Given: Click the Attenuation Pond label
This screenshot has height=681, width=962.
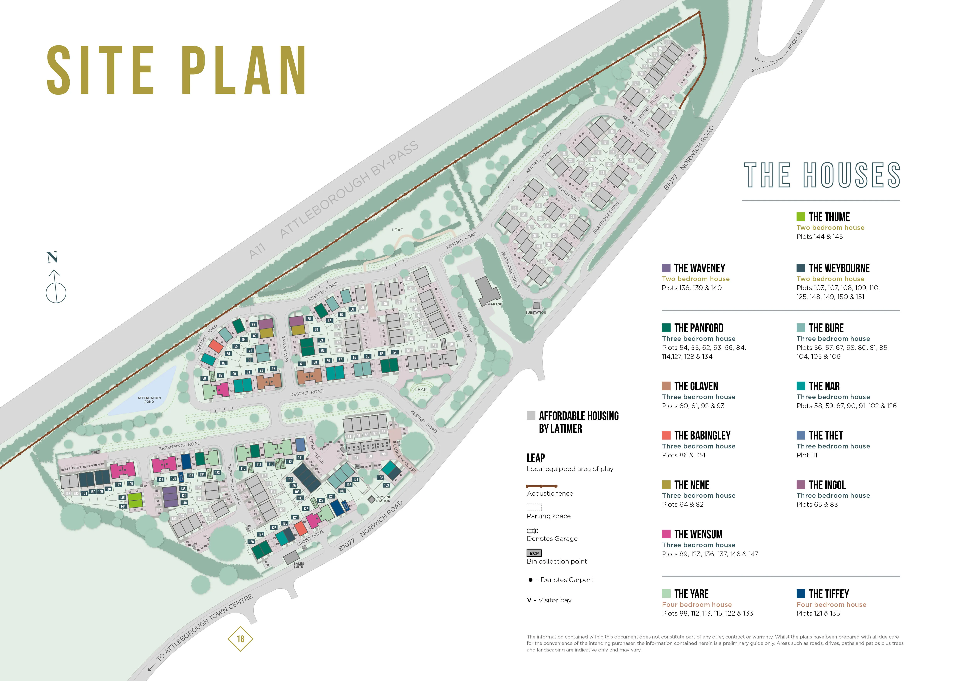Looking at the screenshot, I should coord(149,400).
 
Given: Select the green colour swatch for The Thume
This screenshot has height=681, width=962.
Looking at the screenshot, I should coord(800,216).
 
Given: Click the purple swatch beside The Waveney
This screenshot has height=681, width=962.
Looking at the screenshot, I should coord(666,268).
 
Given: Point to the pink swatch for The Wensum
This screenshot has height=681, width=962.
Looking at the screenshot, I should coord(666,534).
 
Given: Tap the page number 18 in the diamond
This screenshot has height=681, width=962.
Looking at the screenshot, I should coord(240,639).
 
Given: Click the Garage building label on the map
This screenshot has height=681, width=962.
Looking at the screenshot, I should coord(495,304).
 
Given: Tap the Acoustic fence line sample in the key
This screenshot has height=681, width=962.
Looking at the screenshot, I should coord(541,486).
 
